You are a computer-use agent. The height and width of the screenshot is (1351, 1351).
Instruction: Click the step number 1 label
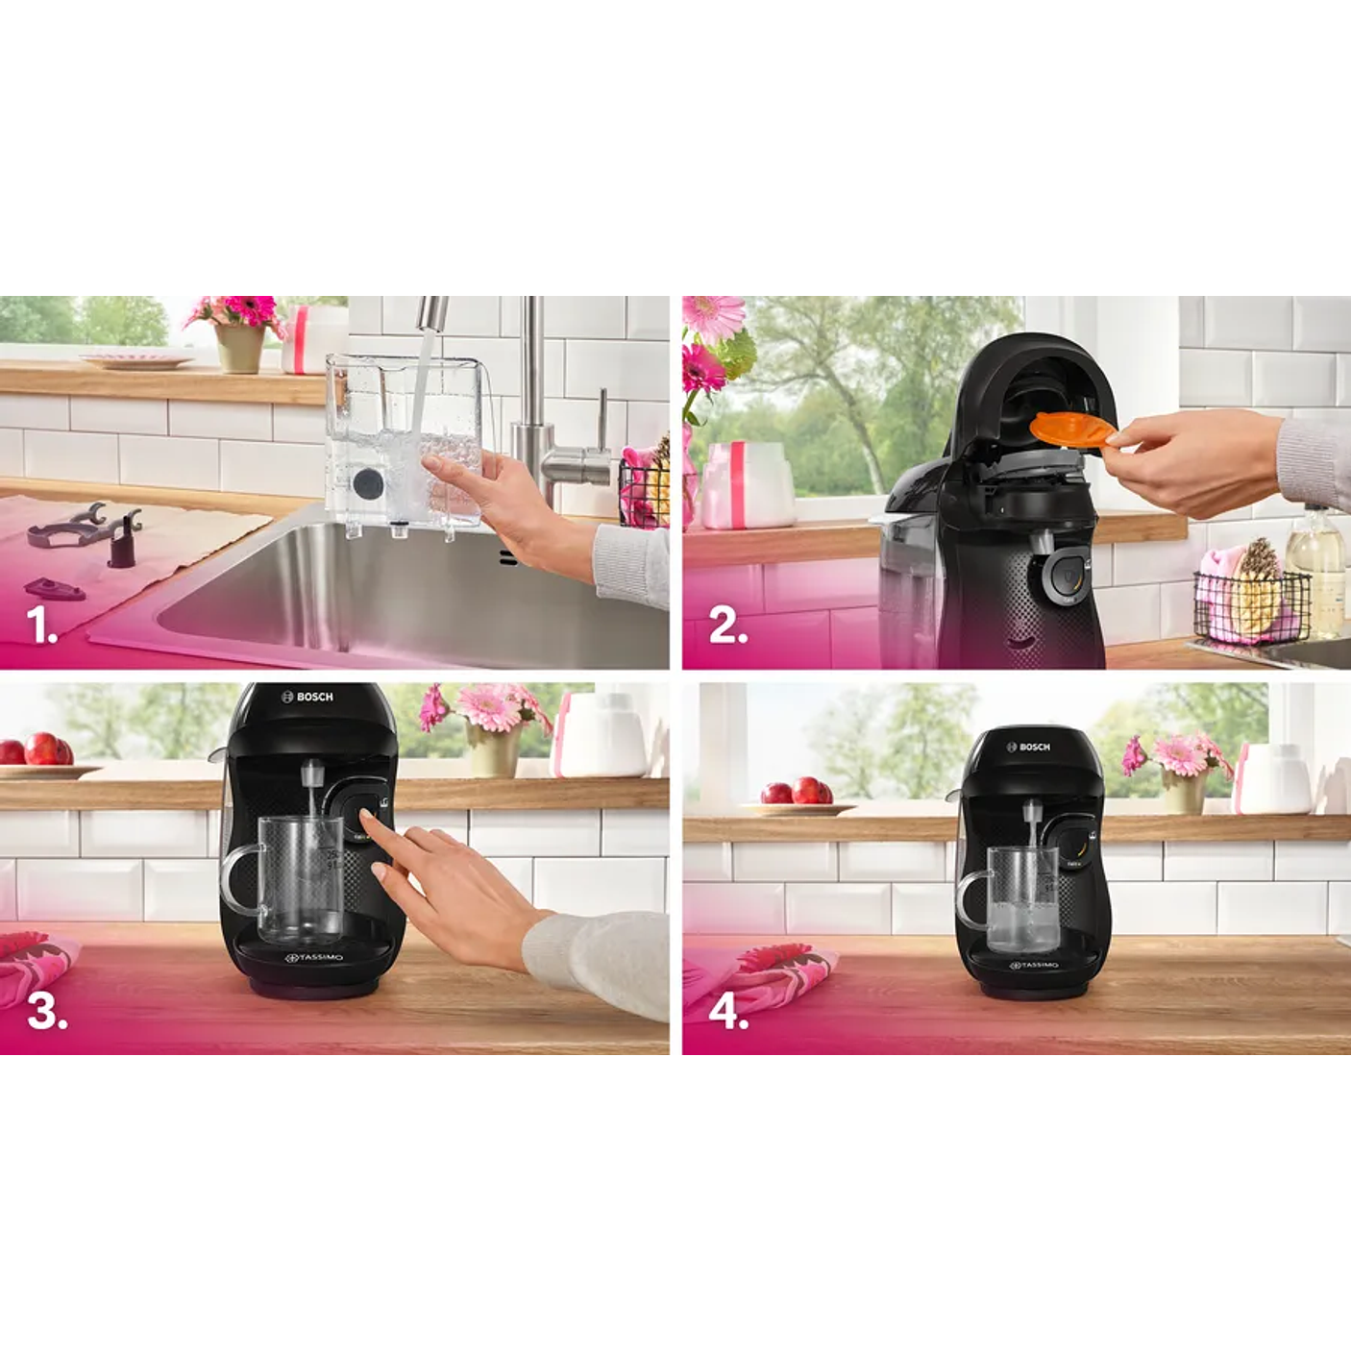[42, 626]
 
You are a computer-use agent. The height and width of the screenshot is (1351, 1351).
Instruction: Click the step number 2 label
[727, 626]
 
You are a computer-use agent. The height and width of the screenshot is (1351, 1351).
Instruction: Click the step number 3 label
[47, 1011]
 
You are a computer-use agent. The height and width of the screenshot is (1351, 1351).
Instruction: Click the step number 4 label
[728, 1011]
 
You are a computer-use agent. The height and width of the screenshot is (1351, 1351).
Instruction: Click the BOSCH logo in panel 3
[307, 697]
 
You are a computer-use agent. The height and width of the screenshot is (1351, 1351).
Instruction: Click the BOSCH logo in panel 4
[1029, 747]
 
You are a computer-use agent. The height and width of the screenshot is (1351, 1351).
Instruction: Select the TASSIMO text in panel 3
[316, 958]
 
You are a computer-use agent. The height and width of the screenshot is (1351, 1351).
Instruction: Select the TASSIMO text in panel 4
[1033, 965]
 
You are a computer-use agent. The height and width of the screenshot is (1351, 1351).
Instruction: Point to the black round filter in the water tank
[368, 482]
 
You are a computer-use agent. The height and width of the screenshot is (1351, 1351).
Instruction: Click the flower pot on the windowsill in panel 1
[239, 348]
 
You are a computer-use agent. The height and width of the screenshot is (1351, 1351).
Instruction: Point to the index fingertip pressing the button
[366, 816]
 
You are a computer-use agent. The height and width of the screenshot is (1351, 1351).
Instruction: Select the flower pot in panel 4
[1184, 791]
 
